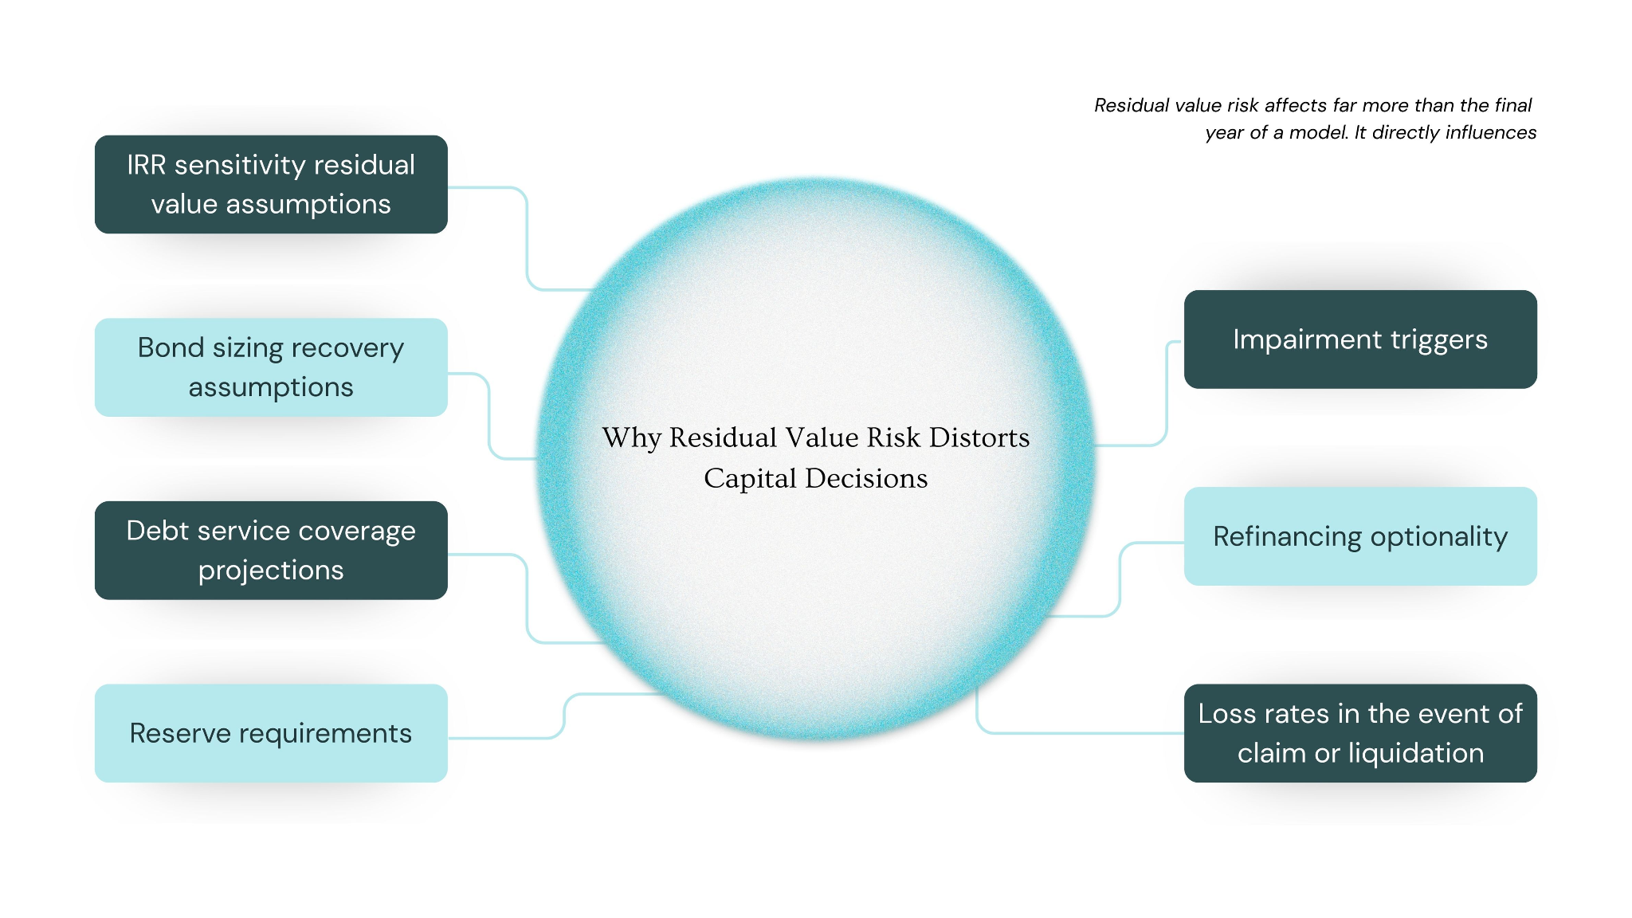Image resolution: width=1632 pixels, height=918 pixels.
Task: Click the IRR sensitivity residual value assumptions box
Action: click(271, 184)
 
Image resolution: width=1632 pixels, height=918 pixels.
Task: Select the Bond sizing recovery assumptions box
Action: click(271, 367)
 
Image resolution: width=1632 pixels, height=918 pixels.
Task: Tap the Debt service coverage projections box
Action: click(271, 551)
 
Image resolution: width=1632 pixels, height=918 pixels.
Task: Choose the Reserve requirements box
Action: click(271, 733)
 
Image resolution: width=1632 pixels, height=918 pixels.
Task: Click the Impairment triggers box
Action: click(1360, 339)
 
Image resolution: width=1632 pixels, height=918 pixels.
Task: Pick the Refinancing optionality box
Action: click(1360, 536)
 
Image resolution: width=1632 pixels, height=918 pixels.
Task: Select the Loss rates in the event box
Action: click(1360, 733)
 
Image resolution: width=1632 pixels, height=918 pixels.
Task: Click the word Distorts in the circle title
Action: click(979, 437)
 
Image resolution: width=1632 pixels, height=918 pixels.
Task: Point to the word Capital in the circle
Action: click(750, 478)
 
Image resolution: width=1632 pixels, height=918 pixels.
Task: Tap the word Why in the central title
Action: click(631, 437)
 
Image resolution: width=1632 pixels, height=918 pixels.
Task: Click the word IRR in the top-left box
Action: click(146, 165)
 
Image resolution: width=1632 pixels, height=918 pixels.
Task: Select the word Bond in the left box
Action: click(171, 348)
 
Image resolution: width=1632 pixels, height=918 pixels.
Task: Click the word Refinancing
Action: click(1287, 537)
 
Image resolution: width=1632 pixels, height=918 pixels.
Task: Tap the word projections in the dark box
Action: click(271, 571)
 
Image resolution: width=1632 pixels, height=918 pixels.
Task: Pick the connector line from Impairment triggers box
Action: click(1167, 398)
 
